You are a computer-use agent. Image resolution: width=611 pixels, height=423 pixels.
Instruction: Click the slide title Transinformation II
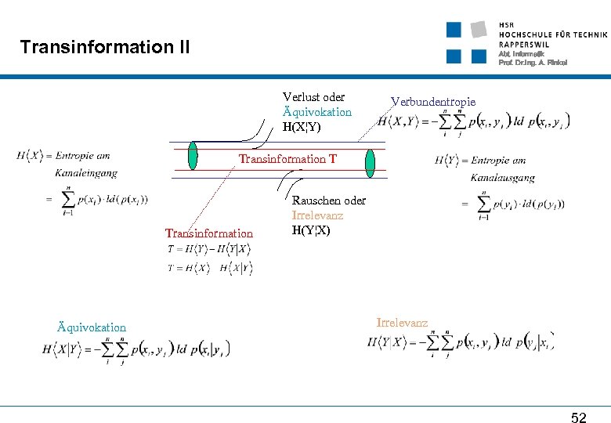105,47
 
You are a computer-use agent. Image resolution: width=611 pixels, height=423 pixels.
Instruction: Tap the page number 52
578,418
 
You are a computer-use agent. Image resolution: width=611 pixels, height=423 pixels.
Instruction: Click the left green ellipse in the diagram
193,154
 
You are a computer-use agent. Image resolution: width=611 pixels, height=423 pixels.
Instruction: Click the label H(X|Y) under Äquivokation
302,126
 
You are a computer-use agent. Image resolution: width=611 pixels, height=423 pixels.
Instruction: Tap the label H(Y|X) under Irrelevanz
311,230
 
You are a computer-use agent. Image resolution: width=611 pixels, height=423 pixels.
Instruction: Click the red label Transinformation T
287,159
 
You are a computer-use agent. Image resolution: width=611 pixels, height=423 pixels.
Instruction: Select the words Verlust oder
313,97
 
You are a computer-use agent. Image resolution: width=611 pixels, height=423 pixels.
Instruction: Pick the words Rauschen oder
328,201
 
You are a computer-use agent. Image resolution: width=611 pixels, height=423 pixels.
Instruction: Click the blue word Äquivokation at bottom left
92,327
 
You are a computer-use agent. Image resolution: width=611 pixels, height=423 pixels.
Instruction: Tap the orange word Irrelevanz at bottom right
402,322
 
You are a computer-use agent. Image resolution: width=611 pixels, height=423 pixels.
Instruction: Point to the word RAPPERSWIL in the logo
523,45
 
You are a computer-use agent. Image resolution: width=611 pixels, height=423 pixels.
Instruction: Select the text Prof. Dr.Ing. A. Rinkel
533,62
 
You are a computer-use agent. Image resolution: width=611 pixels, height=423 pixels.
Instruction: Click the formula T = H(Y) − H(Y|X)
208,249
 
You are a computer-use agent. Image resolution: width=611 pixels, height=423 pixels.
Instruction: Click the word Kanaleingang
86,173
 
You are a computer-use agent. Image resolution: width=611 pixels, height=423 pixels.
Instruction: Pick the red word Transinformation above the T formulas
209,233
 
